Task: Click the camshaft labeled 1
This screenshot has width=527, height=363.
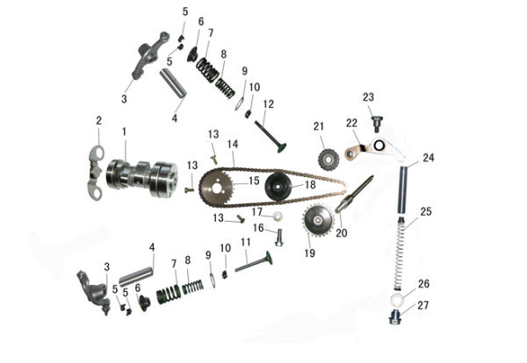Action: (141, 178)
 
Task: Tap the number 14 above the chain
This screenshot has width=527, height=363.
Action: (233, 144)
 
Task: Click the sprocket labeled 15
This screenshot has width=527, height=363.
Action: (216, 188)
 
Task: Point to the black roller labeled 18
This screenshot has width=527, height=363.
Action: (278, 187)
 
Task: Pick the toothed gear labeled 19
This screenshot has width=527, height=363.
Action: (318, 220)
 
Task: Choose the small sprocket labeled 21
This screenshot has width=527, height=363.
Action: (328, 159)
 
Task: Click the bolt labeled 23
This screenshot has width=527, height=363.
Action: (377, 123)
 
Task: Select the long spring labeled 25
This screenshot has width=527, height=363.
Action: (399, 253)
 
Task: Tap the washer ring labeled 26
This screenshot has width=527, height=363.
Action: (398, 299)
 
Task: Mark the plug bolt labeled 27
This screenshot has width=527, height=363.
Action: (394, 317)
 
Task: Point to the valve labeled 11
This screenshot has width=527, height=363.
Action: (255, 261)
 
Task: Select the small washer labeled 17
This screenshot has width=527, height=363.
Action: (278, 216)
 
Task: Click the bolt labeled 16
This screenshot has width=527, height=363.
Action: (279, 238)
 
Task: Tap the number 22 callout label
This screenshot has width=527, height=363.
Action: (351, 123)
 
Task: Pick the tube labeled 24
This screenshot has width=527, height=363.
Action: (403, 189)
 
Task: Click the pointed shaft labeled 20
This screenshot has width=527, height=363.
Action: (355, 194)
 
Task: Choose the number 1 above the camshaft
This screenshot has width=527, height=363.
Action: (124, 132)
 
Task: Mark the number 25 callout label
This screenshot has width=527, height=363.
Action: (425, 211)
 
